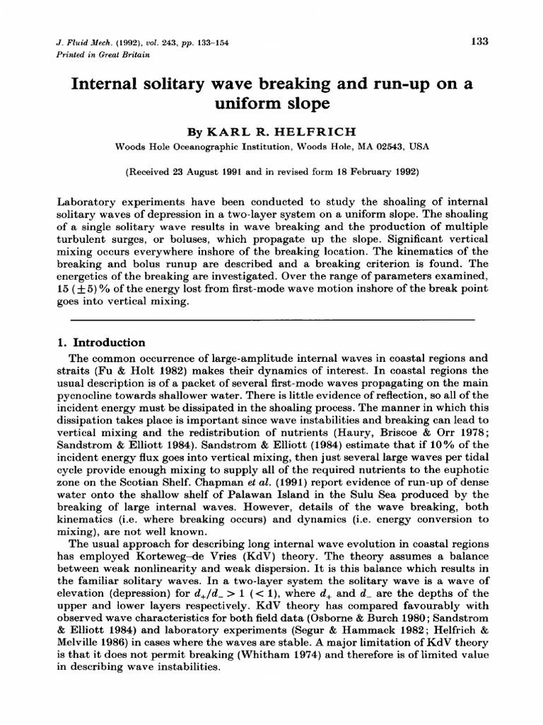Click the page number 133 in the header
[480, 41]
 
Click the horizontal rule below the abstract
[271, 319]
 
